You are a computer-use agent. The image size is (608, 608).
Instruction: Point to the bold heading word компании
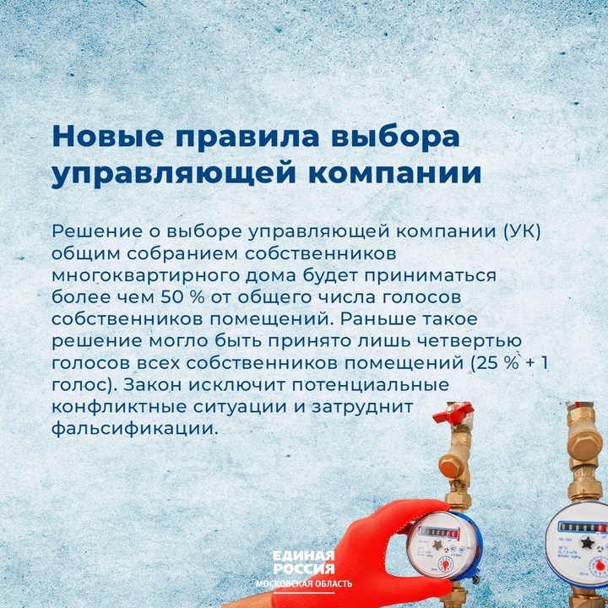(x=394, y=174)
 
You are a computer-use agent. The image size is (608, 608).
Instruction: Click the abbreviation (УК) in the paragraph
(x=522, y=231)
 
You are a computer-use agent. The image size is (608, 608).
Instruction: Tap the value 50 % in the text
(x=182, y=297)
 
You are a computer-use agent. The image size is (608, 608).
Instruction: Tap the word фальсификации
(x=133, y=429)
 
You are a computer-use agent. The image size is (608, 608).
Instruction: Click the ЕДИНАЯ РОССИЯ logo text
(x=304, y=562)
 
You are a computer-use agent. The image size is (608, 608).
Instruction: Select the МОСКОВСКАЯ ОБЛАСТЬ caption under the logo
(x=304, y=584)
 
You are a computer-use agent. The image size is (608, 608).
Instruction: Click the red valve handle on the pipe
(x=453, y=414)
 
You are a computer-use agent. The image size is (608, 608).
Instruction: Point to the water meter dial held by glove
(x=443, y=546)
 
